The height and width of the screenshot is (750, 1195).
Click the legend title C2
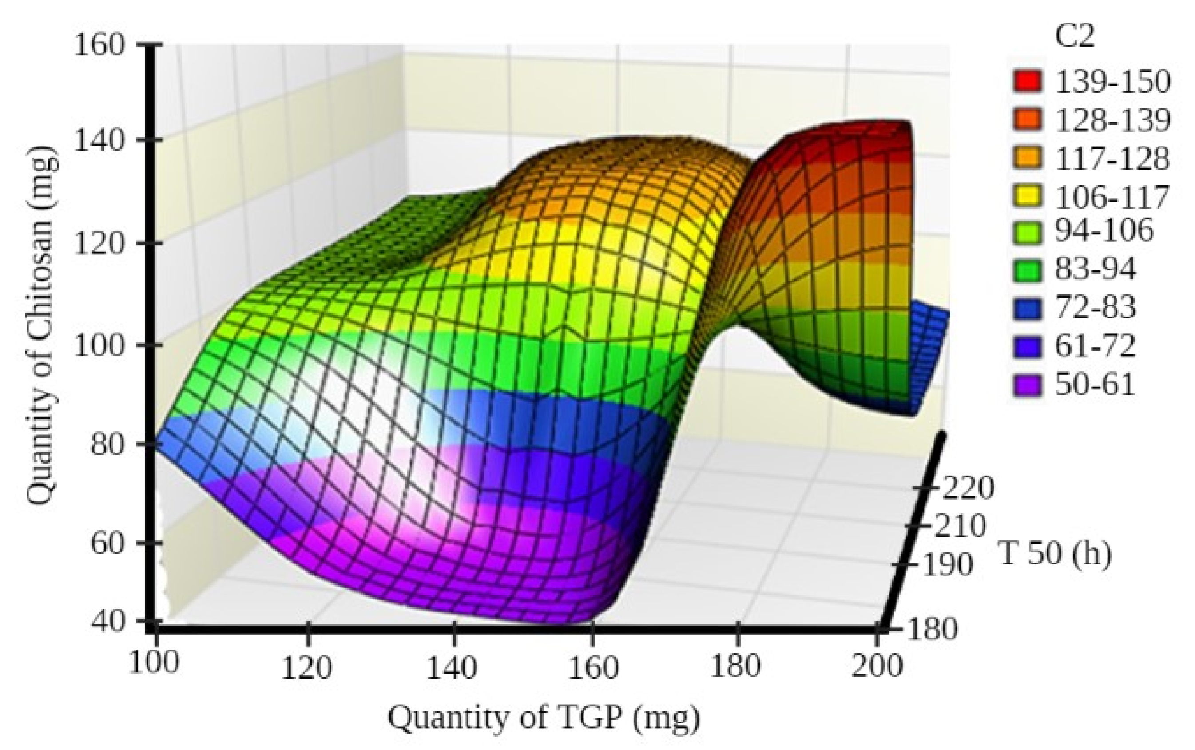pos(1074,37)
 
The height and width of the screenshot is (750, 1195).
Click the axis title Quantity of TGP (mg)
pos(543,718)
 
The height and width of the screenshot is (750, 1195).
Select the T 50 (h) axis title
pos(1055,554)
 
